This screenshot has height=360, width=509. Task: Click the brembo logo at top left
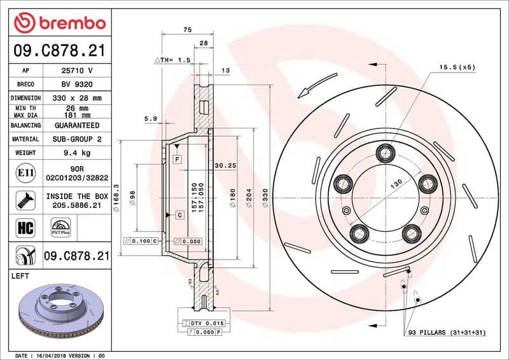tap(59, 23)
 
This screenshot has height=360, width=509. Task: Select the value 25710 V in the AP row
tap(76, 70)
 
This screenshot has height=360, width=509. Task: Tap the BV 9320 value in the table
tap(76, 84)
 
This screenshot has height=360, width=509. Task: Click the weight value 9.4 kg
tap(76, 153)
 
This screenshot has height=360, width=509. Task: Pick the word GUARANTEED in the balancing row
tap(76, 125)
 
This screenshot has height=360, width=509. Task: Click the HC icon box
tap(23, 226)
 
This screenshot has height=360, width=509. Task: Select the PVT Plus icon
tap(60, 227)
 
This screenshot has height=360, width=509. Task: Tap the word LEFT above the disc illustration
tap(22, 276)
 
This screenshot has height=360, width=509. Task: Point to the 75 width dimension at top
tap(187, 29)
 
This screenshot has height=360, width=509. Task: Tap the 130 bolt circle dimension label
tap(396, 183)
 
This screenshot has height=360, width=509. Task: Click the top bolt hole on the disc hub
tap(385, 153)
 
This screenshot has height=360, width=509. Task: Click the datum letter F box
tap(176, 159)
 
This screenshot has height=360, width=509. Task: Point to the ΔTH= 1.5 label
tap(172, 60)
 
